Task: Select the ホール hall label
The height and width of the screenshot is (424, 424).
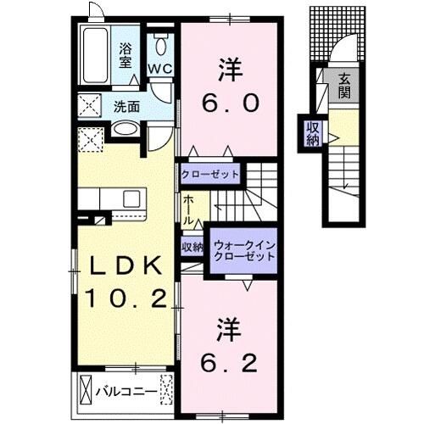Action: [x=187, y=209]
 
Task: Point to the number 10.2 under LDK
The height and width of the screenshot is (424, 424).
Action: [x=125, y=298]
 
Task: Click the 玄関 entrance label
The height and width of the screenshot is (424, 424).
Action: [x=347, y=86]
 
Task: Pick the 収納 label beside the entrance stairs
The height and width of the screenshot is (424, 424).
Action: [x=313, y=132]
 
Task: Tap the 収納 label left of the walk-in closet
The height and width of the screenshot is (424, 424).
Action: [x=192, y=247]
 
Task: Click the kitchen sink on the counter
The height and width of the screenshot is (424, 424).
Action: [x=132, y=199]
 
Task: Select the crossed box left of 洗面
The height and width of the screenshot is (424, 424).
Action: [x=88, y=107]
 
